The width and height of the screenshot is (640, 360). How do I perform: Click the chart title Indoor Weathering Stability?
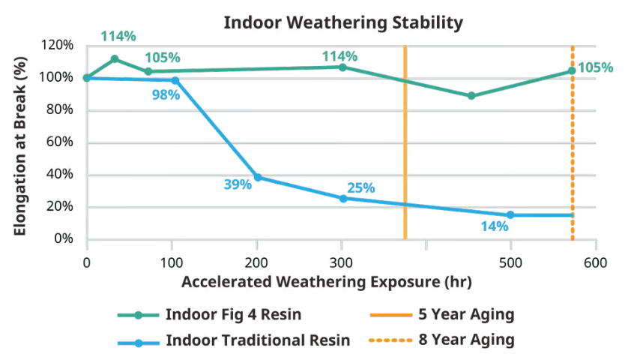tap(343, 23)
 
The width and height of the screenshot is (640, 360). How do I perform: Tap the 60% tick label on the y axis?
tap(60, 142)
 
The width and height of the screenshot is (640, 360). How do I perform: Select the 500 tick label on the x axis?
tap(511, 263)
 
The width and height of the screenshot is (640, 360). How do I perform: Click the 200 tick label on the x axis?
tap(256, 263)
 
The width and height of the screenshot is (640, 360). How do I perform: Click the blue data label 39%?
tap(238, 184)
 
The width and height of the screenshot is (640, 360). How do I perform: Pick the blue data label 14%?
tap(494, 226)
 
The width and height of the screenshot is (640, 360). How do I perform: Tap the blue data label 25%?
tap(360, 187)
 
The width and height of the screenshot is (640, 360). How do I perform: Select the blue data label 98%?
tap(166, 95)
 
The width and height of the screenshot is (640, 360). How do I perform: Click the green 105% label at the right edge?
tap(596, 67)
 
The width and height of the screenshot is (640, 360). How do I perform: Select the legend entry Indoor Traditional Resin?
tap(258, 340)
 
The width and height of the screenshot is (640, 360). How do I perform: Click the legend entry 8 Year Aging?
tap(471, 340)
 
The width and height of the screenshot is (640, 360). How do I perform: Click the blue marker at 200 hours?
tap(258, 178)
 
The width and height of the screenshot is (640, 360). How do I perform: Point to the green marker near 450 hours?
tap(471, 96)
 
